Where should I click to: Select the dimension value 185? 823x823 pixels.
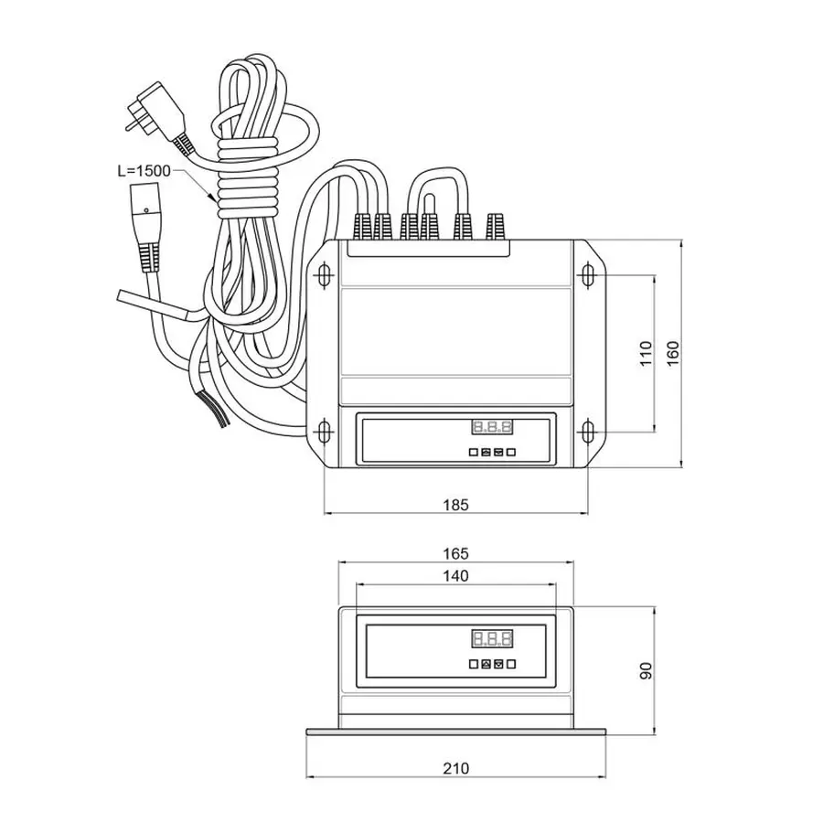(455, 504)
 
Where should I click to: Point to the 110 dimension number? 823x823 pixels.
(646, 352)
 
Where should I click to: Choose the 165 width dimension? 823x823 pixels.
(455, 553)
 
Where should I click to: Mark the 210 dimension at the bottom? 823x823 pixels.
(455, 768)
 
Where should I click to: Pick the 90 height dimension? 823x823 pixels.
(646, 670)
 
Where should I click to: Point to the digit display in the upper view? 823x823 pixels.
(491, 428)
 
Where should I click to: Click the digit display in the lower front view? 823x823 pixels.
(491, 638)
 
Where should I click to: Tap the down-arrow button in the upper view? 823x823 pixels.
(498, 451)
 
